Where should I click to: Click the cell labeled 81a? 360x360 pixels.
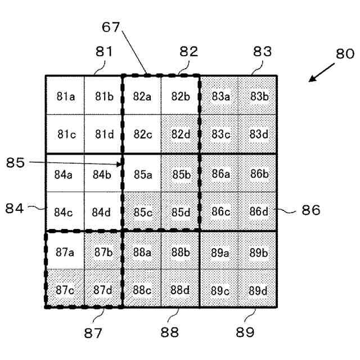coord(65,96)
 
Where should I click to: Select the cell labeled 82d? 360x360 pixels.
coord(181,135)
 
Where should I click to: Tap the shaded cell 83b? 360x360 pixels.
coord(258,96)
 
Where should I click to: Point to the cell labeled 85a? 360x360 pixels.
coord(142,174)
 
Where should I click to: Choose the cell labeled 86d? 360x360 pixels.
coord(258,212)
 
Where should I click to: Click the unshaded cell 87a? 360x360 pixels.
coord(65,251)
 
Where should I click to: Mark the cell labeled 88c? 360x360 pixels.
coord(142,290)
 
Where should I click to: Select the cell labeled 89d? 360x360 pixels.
coord(258,290)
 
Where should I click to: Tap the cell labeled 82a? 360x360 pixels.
coord(142,96)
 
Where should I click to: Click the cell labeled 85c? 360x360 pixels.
coord(142,212)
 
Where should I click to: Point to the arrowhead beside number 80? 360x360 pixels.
coord(310,80)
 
